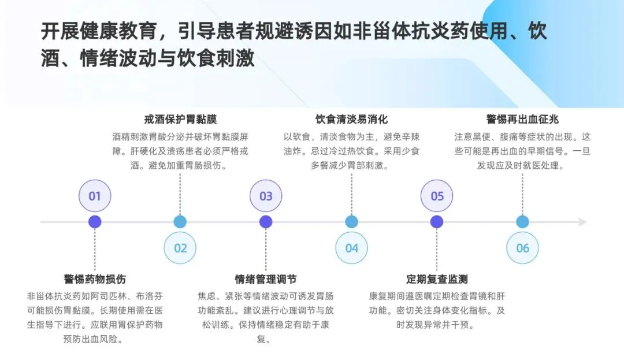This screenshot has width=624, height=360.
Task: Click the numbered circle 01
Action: [x=95, y=196]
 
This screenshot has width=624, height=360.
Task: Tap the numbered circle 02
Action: [x=180, y=248]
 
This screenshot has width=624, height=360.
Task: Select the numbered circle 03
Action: [x=266, y=196]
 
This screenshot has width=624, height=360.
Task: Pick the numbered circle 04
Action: [x=351, y=248]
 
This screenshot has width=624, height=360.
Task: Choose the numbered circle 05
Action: [x=437, y=196]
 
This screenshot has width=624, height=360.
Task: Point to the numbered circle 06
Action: [x=522, y=248]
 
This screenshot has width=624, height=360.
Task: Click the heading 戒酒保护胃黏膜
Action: [x=180, y=120]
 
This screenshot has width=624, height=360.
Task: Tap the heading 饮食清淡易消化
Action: [x=351, y=120]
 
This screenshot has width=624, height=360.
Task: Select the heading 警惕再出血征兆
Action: [x=522, y=120]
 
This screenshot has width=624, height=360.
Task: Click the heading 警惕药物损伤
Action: [x=95, y=279]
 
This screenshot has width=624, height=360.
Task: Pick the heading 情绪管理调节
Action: [x=266, y=279]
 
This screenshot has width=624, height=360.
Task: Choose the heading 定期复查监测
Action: [x=437, y=279]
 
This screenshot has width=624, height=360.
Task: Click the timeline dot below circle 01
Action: [x=95, y=222]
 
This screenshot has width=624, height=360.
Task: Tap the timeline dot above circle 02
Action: [x=180, y=222]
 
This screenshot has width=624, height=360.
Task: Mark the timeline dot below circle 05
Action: [x=437, y=222]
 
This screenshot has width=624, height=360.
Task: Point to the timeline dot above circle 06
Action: [x=522, y=222]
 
